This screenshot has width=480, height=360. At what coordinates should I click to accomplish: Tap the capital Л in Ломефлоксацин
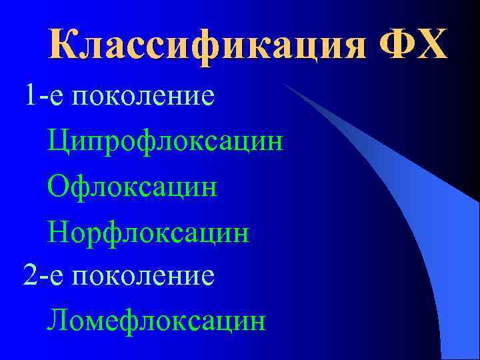point(59,321)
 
